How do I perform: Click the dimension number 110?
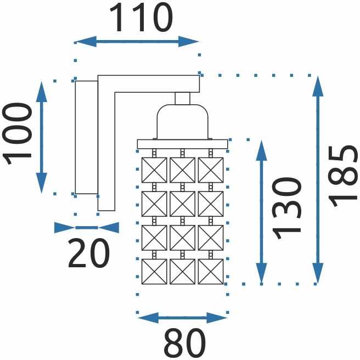pyautogui.click(x=141, y=18)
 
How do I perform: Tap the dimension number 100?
pyautogui.click(x=16, y=134)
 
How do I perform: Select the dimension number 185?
pyautogui.click(x=343, y=176)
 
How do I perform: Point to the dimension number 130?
pyautogui.click(x=286, y=209)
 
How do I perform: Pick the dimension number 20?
pyautogui.click(x=88, y=253)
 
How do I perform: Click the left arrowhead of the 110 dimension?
pyautogui.click(x=86, y=42)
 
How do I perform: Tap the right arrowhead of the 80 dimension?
pyautogui.click(x=217, y=318)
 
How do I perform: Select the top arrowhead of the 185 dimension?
pyautogui.click(x=318, y=86)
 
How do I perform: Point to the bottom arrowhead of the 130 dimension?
pyautogui.click(x=261, y=273)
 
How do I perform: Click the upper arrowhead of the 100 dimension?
pyautogui.click(x=42, y=92)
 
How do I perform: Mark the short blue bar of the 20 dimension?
pyautogui.click(x=87, y=228)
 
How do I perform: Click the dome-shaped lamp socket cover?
pyautogui.click(x=183, y=122)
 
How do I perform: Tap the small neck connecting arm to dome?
pyautogui.click(x=183, y=98)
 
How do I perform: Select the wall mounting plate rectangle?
pyautogui.click(x=87, y=137)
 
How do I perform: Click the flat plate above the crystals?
pyautogui.click(x=183, y=144)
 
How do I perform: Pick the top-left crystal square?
pyautogui.click(x=154, y=170)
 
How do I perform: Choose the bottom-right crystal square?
pyautogui.click(x=211, y=272)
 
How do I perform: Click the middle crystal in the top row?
pyautogui.click(x=183, y=170)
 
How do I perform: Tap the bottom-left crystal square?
pyautogui.click(x=154, y=272)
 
